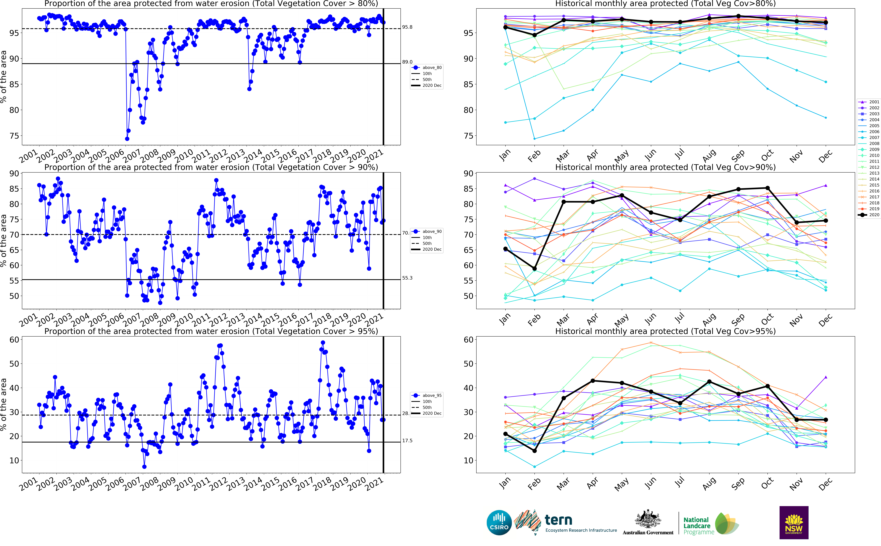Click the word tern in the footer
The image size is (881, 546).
tap(558, 520)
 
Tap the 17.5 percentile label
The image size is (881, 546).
tap(407, 441)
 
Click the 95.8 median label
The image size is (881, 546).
tap(407, 27)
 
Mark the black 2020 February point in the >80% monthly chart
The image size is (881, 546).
tap(534, 35)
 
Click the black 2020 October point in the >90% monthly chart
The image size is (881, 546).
tap(768, 188)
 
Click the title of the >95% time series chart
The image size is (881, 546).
tap(211, 331)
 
